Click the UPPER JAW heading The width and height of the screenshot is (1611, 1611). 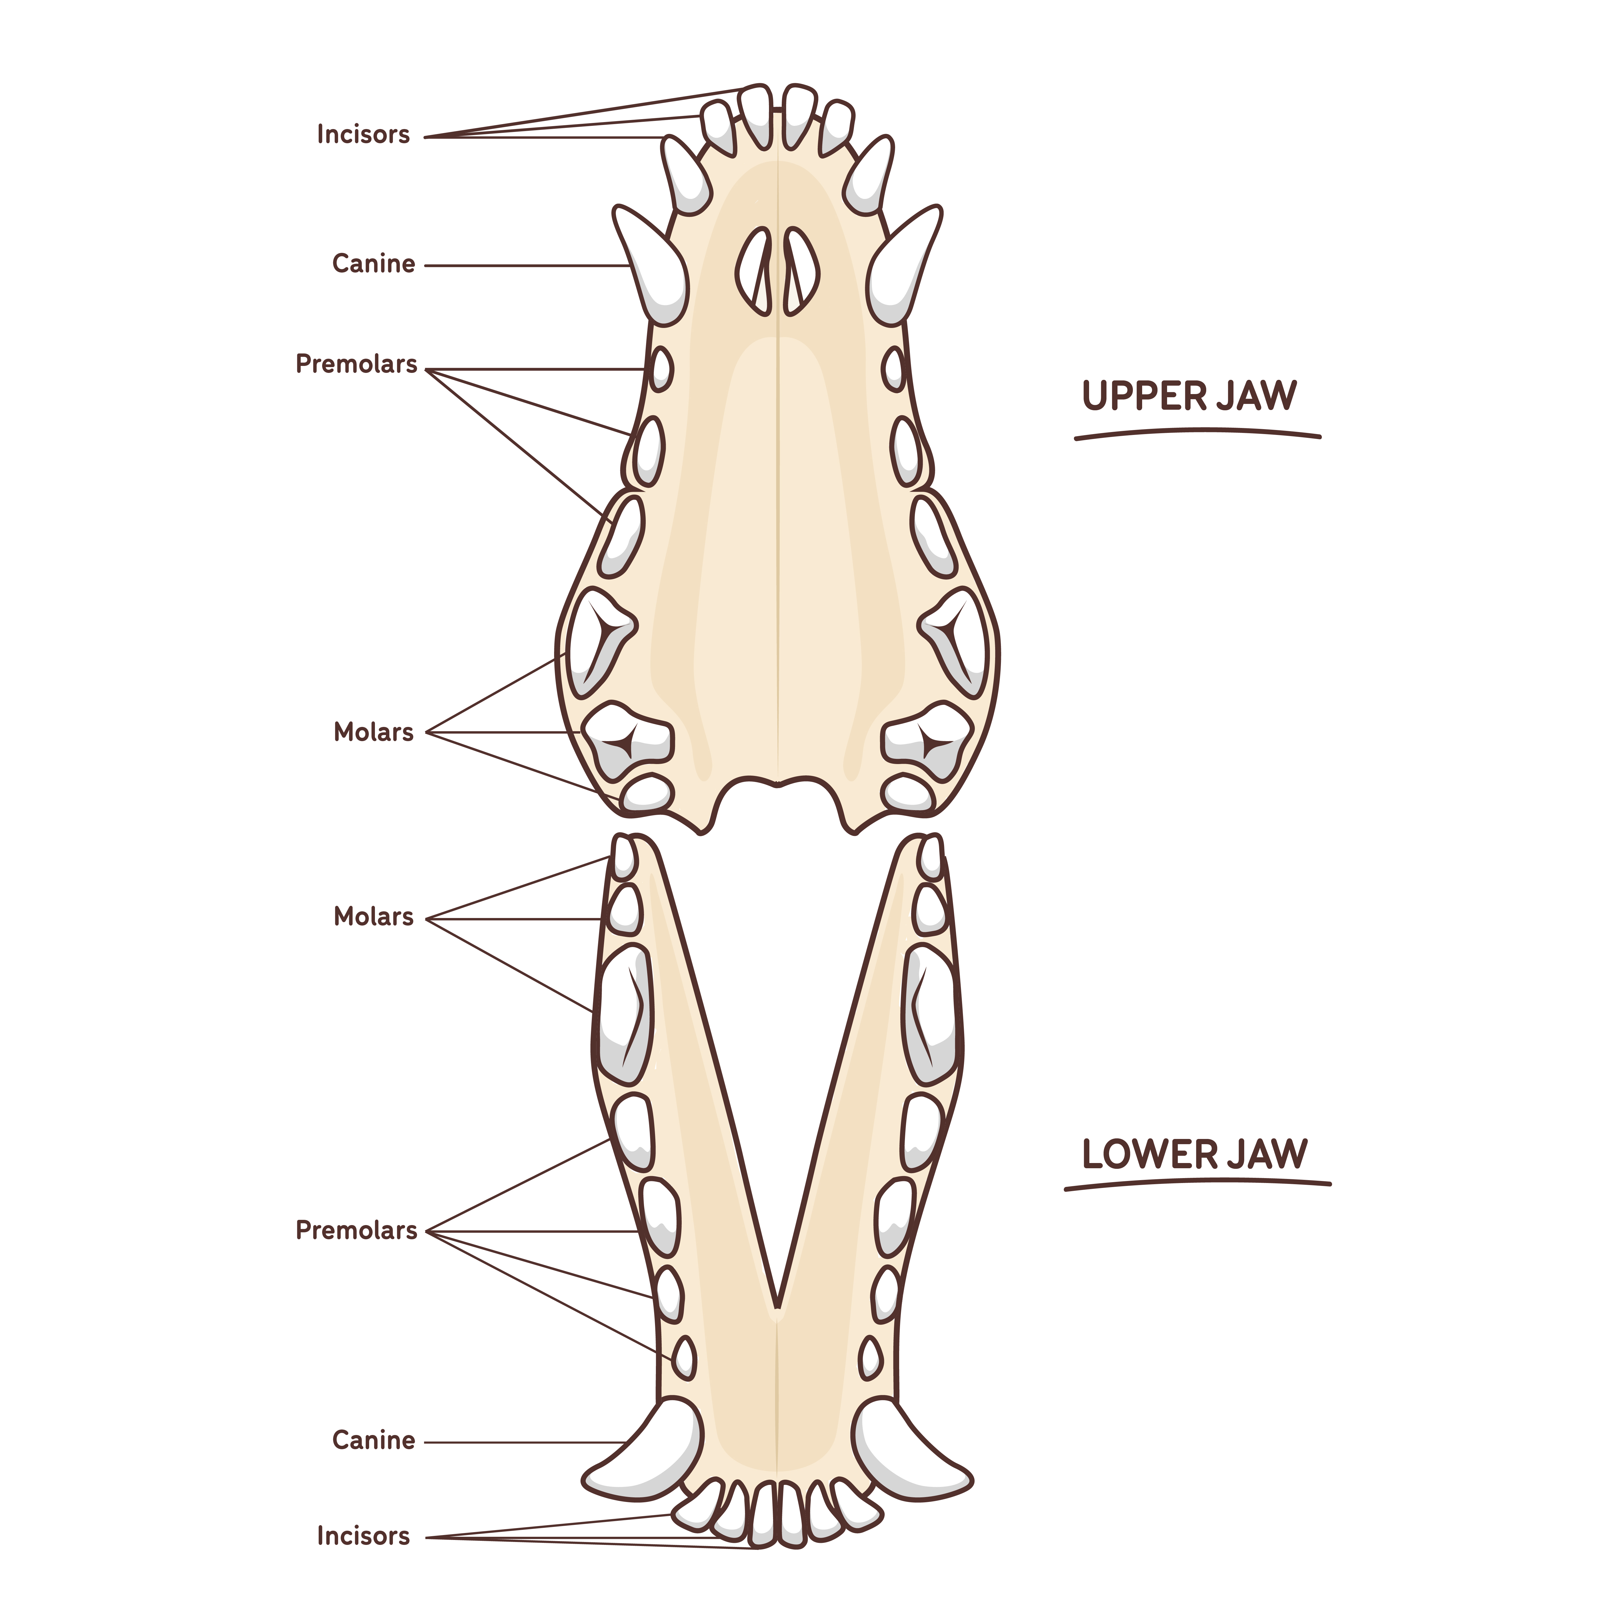click(x=1189, y=396)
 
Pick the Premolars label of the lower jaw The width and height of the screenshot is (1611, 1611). click(x=356, y=1230)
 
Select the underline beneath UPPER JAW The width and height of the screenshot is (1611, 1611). click(x=1198, y=433)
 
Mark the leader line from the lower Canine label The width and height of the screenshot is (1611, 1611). click(x=525, y=1442)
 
